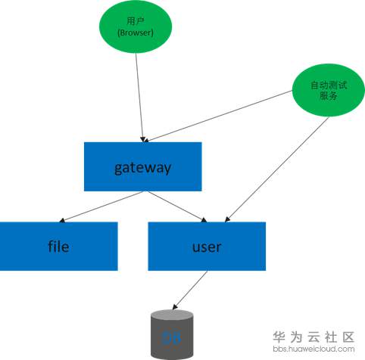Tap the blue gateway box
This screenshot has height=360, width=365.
[142, 166]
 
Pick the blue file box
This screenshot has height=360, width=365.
[58, 246]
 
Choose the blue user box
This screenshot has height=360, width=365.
[206, 246]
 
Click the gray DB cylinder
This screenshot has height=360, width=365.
[173, 334]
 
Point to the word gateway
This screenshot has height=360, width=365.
[142, 166]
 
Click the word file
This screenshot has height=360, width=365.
[58, 246]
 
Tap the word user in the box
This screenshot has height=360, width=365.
[206, 247]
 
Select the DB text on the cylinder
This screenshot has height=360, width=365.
[173, 337]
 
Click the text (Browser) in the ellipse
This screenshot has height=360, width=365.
[136, 33]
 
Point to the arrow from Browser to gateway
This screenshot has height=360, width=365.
[139, 98]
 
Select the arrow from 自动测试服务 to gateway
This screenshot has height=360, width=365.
[220, 116]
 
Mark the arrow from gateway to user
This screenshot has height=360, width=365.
[176, 206]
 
